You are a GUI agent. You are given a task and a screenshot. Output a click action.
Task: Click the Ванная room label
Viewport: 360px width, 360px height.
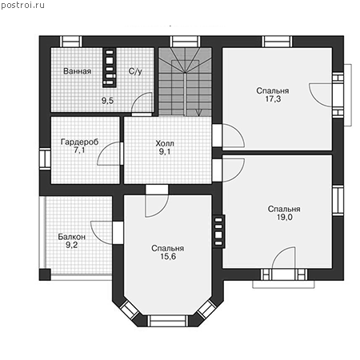[78, 71]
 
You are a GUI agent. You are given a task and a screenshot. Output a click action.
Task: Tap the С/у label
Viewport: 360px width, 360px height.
[135, 71]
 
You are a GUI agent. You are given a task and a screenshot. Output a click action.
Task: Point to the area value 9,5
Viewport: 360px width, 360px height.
[107, 101]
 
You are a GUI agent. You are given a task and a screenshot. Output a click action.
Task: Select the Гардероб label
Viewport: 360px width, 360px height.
[79, 142]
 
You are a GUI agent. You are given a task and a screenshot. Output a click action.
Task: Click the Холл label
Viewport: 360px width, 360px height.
[165, 143]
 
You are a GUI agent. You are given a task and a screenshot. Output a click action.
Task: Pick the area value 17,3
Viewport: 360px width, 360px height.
[273, 99]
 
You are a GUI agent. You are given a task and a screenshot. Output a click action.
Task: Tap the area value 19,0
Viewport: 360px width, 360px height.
[284, 217]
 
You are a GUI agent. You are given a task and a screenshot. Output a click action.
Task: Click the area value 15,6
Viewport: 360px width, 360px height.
[168, 257]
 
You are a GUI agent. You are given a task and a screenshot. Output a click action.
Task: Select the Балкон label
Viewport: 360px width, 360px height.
[72, 237]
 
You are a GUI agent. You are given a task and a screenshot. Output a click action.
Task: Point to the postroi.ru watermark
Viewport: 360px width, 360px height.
[22, 5]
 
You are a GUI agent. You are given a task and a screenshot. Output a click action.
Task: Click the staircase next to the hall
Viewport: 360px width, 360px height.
[185, 82]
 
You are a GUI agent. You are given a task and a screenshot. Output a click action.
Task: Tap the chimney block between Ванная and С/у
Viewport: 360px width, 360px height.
[110, 68]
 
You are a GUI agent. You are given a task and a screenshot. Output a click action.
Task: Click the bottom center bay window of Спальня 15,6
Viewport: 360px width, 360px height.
[168, 321]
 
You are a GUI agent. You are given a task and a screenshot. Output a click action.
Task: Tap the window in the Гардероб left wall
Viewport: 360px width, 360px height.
[45, 158]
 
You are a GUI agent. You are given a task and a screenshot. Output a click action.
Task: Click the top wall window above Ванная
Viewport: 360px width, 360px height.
[70, 42]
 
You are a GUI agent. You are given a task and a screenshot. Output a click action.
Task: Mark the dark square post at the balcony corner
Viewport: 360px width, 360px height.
[45, 274]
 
